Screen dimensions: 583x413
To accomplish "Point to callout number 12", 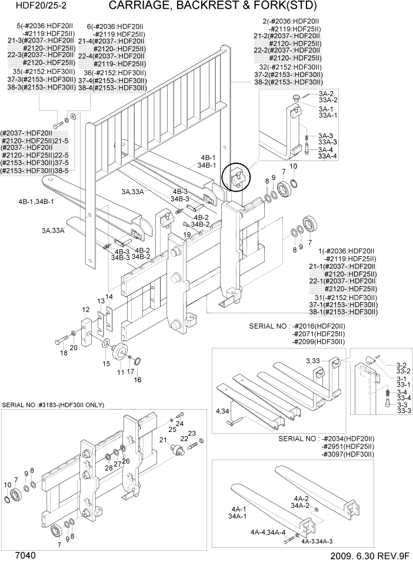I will (85, 309).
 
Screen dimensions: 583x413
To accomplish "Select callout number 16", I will (138, 380).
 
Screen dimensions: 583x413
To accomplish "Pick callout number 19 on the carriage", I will (186, 234).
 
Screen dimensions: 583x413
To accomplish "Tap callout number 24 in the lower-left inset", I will (180, 423).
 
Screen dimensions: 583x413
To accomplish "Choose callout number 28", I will (109, 468).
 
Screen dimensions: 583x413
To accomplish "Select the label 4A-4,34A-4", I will (268, 532).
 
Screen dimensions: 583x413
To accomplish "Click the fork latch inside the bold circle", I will (237, 175).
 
